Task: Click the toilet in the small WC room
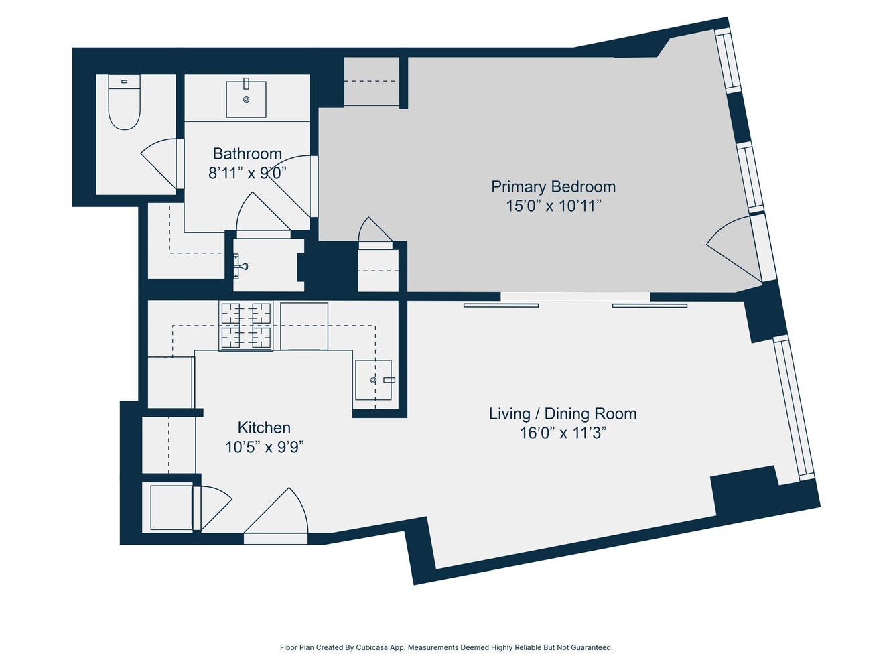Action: [x=124, y=104]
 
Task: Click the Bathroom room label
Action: [x=247, y=153]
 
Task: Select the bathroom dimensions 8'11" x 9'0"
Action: [x=247, y=173]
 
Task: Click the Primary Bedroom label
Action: [x=553, y=186]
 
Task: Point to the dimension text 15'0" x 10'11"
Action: [x=553, y=206]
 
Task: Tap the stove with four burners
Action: [x=246, y=326]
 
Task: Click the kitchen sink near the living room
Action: [x=373, y=380]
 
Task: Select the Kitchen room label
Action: [x=264, y=427]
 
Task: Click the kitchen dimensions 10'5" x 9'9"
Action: [x=264, y=447]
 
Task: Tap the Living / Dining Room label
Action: [x=563, y=413]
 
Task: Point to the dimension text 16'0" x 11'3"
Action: [x=563, y=433]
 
